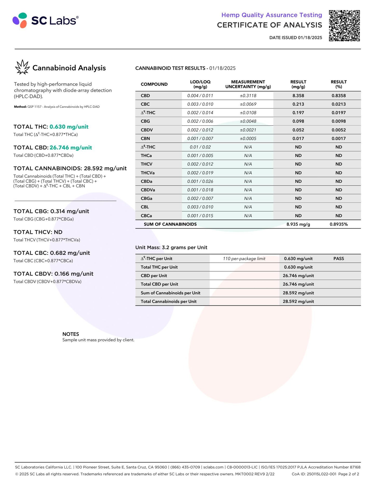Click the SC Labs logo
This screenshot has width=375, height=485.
coord(45,20)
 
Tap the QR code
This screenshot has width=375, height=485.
coord(344,26)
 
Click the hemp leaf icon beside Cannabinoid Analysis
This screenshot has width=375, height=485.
coord(22,67)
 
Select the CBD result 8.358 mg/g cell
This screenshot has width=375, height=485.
coord(298,95)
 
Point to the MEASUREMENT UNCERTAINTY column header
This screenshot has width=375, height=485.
coord(248,84)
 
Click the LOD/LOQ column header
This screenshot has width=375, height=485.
coord(200,84)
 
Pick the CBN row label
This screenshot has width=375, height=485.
coord(145,138)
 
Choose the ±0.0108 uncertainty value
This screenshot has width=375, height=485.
coord(248,113)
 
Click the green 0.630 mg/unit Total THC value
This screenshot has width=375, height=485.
coord(69,127)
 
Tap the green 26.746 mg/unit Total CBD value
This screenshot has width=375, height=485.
coord(71,147)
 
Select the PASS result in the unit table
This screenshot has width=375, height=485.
coord(338,258)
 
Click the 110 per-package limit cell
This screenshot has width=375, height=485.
coord(244,258)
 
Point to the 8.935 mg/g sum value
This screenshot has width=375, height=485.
coord(298,224)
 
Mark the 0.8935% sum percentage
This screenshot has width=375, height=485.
coord(338,224)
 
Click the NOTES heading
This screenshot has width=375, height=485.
coord(71,334)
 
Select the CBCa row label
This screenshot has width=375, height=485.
coord(146,216)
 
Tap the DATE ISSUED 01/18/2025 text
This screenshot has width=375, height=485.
coord(295,38)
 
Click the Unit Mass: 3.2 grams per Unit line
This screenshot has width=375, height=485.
coord(171,247)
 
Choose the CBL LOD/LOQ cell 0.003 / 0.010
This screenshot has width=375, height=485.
coord(200,207)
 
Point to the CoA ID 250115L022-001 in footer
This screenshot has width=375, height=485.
coord(314,474)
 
